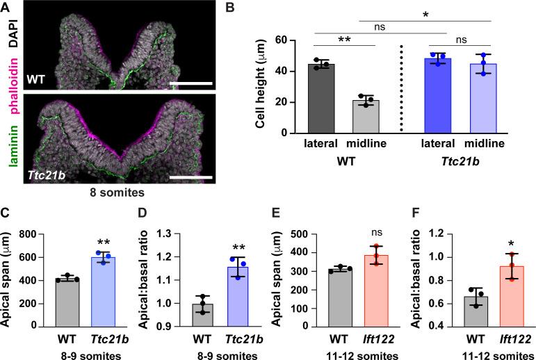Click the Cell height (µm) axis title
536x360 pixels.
tap(262, 86)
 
